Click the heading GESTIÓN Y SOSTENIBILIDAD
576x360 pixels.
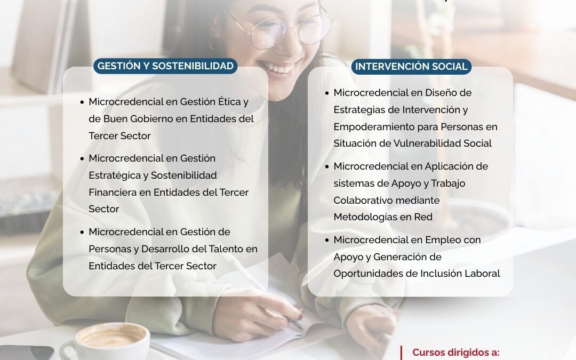[165, 66]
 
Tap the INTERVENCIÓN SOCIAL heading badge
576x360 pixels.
[411, 67]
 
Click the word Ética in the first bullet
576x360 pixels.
[229, 101]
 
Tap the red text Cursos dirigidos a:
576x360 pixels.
[456, 353]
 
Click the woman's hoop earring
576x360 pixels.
[215, 42]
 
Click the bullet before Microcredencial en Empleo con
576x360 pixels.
[327, 240]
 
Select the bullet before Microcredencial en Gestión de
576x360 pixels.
[82, 232]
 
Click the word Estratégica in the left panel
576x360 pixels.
[118, 175]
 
